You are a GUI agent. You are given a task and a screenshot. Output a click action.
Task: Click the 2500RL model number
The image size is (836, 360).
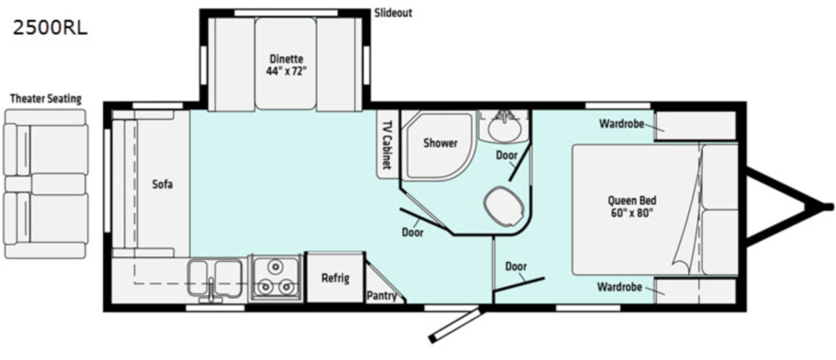[50, 29]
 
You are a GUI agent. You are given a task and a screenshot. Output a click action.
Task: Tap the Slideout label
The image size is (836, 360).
[393, 13]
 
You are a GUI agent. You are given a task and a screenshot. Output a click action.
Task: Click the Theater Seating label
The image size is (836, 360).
[46, 99]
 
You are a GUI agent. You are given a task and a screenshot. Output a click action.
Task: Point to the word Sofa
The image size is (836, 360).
[162, 185]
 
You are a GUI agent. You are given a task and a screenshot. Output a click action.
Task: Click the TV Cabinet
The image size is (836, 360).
[388, 144]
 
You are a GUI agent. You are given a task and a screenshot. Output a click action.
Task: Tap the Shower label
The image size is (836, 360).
[440, 143]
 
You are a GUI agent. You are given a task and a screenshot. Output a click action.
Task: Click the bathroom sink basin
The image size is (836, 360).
[503, 128]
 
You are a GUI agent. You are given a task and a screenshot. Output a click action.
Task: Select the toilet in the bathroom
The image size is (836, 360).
[503, 206]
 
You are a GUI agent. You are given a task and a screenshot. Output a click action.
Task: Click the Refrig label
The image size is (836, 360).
[335, 278]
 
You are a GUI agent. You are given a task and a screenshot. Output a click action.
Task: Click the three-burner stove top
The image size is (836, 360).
[275, 278]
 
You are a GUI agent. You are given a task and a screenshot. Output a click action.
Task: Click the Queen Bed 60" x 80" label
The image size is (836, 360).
[632, 207]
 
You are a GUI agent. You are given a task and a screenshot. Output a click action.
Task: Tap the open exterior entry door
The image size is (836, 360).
[456, 325]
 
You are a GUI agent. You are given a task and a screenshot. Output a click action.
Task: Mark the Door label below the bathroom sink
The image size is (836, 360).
[506, 155]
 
